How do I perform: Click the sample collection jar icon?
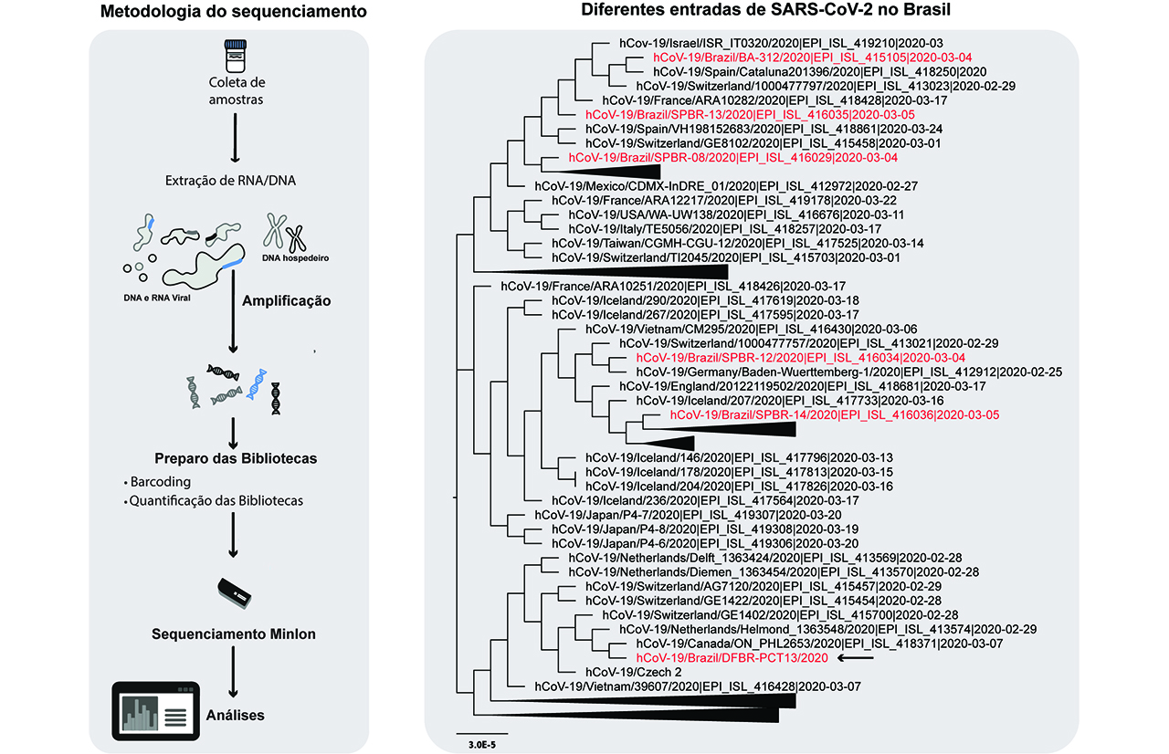[x=236, y=56]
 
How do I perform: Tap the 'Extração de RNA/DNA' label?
[x=231, y=181]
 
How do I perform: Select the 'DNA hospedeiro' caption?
[x=295, y=258]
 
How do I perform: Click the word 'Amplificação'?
[x=287, y=301]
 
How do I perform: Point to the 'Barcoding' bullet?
[x=158, y=481]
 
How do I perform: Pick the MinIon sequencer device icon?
[x=235, y=593]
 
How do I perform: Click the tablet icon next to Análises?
[x=155, y=711]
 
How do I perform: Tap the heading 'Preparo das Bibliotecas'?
[x=236, y=458]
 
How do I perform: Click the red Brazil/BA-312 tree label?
[x=813, y=58]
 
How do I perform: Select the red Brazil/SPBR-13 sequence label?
[x=750, y=115]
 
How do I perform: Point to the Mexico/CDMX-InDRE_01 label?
[x=726, y=186]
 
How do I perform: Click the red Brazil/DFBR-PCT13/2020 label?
[x=732, y=658]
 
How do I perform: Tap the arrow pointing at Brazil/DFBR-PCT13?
[x=856, y=658]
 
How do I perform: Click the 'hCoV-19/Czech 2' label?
[x=633, y=672]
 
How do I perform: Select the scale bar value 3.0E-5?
[x=482, y=745]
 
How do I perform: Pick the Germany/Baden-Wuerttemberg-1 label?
[x=849, y=372]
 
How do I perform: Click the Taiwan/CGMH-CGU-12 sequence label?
[x=737, y=244]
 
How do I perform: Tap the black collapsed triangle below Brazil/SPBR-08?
[x=601, y=172]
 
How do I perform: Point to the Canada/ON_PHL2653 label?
[x=819, y=644]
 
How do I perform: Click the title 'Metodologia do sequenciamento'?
[x=233, y=12]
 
